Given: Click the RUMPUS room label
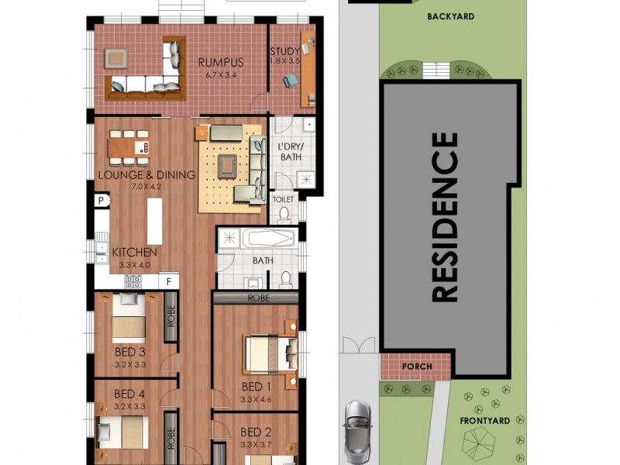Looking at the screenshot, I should coord(221,63).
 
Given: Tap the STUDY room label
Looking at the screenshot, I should coord(284,52).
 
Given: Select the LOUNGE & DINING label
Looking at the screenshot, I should coord(146,174).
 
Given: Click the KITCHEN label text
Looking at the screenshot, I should coord(135,253).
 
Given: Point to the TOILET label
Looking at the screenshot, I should coord(284,199).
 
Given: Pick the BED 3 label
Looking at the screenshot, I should coord(130,351).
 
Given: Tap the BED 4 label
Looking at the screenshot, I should coord(129,393).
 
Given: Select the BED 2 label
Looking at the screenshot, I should coord(256,432).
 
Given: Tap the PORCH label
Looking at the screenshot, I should coord(417,366).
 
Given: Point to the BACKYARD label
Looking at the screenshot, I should coord(450,15).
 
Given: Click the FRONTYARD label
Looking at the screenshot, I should coord(484,421).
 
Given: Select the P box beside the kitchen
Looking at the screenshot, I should coord(101,201).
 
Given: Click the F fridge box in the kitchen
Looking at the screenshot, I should coord(169,282).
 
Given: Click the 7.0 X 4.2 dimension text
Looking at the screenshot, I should coord(146,187).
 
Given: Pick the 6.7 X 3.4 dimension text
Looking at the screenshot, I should coord(221,75).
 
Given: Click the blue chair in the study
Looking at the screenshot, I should coord(290,79).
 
